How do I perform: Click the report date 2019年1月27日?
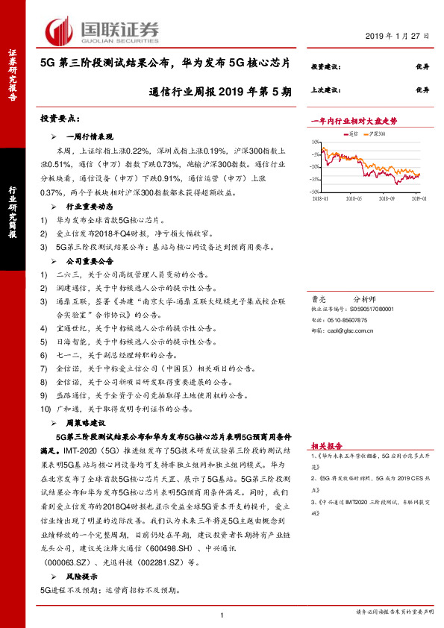(397, 36)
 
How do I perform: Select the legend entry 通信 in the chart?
(353, 134)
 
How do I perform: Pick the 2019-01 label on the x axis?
(416, 199)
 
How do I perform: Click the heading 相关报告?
(326, 442)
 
